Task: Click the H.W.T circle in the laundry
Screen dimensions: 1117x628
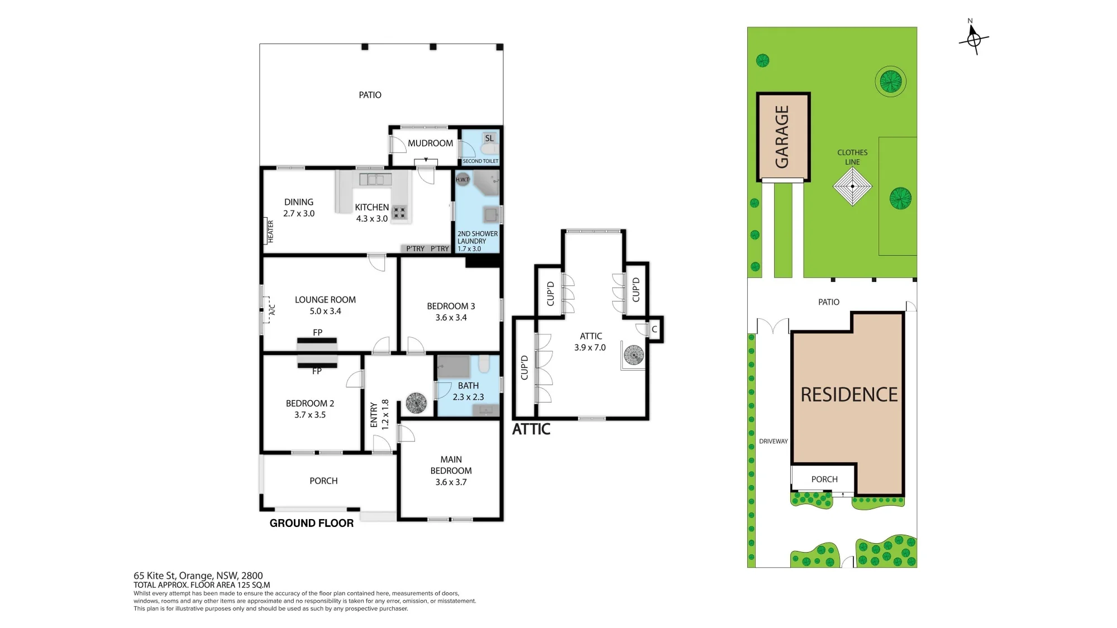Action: click(x=462, y=179)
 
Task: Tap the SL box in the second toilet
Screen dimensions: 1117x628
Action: click(x=489, y=138)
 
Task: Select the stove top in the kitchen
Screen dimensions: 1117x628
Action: click(x=399, y=212)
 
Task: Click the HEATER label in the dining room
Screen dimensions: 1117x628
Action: click(x=270, y=231)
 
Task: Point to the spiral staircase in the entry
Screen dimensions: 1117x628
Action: click(x=416, y=402)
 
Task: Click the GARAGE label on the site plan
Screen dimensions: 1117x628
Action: click(x=782, y=137)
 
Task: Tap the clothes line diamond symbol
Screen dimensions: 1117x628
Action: click(x=852, y=186)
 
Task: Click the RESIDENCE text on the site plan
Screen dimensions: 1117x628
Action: click(x=849, y=395)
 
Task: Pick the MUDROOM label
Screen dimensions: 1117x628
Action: click(x=430, y=143)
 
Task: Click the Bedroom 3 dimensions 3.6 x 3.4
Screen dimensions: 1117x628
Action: click(x=451, y=318)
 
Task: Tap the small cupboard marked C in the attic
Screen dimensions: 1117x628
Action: click(x=655, y=329)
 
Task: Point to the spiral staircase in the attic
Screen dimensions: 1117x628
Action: click(x=634, y=354)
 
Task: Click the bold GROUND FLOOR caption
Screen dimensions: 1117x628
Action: click(x=312, y=523)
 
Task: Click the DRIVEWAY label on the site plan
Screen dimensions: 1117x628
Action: click(x=774, y=441)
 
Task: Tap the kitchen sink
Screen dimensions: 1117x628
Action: click(x=375, y=179)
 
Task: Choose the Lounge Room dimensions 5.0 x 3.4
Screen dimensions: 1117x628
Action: click(x=326, y=311)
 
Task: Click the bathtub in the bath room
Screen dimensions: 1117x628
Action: click(x=454, y=367)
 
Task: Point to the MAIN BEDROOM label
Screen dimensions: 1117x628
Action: click(x=451, y=465)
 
